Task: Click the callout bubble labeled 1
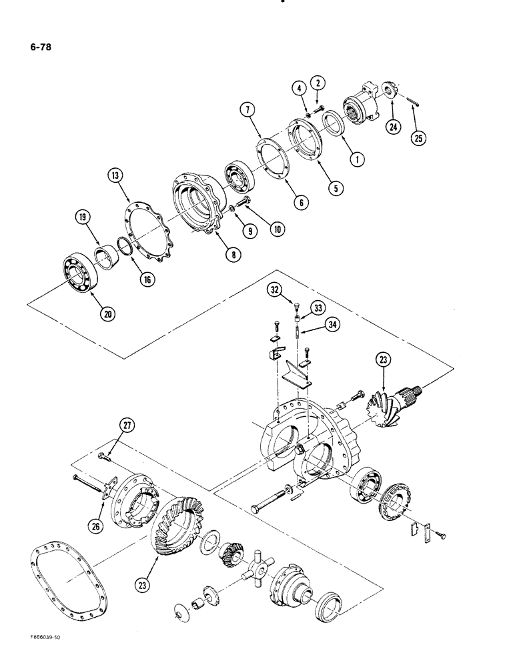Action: click(x=359, y=160)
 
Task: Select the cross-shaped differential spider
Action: click(x=257, y=568)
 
